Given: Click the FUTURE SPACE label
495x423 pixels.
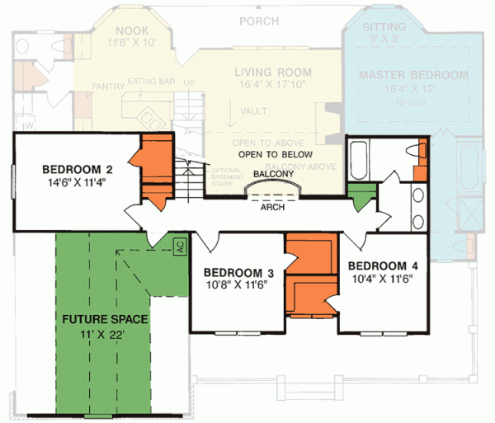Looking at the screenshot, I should pos(102,316).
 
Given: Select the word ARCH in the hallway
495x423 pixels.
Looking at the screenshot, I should pos(272,208).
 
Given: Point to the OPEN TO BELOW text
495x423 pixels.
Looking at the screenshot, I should pos(275,154).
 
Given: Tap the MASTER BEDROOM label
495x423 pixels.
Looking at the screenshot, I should pos(413,75).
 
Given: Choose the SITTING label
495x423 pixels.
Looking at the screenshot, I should pos(379,27).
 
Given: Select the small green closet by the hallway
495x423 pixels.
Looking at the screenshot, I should pos(358,197).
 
